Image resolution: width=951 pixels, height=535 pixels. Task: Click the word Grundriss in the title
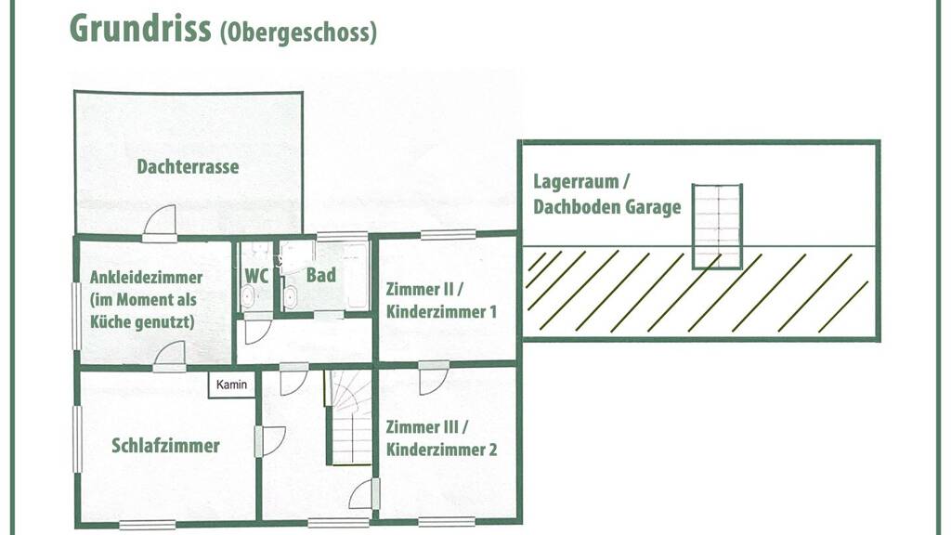pyautogui.click(x=141, y=28)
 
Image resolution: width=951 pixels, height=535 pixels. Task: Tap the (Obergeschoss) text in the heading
pyautogui.click(x=298, y=33)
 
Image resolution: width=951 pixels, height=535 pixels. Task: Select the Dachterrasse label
pyautogui.click(x=188, y=166)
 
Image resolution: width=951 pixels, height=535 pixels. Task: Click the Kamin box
pyautogui.click(x=231, y=385)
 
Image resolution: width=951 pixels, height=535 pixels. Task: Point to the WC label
pyautogui.click(x=256, y=276)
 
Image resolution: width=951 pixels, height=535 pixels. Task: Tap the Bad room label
pyautogui.click(x=320, y=275)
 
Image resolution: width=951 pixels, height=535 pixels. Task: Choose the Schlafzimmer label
pyautogui.click(x=165, y=446)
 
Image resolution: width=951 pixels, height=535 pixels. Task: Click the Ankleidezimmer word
pyautogui.click(x=146, y=277)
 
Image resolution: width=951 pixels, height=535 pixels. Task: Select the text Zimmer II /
pyautogui.click(x=424, y=289)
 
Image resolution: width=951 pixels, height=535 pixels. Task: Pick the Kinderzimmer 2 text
pyautogui.click(x=441, y=450)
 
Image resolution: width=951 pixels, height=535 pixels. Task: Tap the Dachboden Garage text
pyautogui.click(x=607, y=207)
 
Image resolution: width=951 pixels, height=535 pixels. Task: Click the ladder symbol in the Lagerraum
pyautogui.click(x=718, y=227)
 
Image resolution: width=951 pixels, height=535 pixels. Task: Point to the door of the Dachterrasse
pyautogui.click(x=160, y=221)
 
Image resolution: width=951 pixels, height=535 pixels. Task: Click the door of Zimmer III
pyautogui.click(x=434, y=377)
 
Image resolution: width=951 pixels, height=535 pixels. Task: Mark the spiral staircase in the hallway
pyautogui.click(x=348, y=417)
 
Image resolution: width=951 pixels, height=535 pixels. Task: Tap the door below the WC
pyautogui.click(x=257, y=331)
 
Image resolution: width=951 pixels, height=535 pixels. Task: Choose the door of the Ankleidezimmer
pyautogui.click(x=169, y=356)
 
